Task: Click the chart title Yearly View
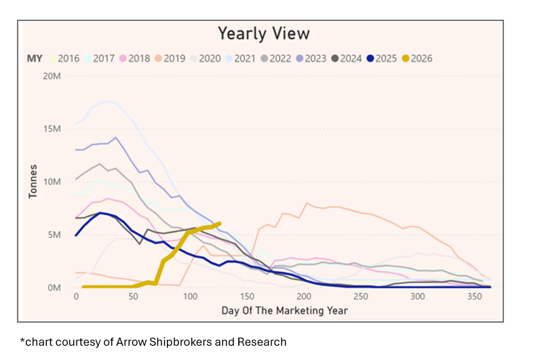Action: click(263, 33)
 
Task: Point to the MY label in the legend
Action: click(35, 58)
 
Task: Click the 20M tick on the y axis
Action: click(52, 76)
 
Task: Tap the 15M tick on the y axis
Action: click(52, 129)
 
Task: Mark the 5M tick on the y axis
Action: click(54, 235)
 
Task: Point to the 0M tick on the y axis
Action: click(54, 287)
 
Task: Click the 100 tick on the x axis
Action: click(190, 298)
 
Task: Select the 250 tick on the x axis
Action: click(361, 298)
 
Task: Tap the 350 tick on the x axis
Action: click(474, 298)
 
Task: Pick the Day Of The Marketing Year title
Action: click(284, 311)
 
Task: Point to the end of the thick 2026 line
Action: click(219, 223)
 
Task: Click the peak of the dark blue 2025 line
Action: click(100, 213)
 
